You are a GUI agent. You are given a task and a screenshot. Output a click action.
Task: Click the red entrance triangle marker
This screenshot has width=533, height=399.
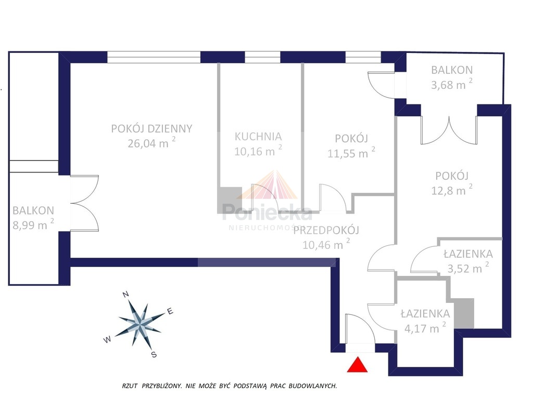(357, 365)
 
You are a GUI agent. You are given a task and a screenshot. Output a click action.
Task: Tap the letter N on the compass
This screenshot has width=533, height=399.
(125, 294)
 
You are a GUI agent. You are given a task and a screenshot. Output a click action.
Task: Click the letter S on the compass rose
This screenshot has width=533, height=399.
(154, 354)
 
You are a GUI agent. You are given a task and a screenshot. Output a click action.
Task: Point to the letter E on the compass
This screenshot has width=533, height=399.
(170, 311)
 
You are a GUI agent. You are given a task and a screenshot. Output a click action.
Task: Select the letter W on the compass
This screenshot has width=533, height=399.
(107, 339)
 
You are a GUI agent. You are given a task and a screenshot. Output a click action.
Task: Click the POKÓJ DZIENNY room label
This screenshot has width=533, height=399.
(151, 129)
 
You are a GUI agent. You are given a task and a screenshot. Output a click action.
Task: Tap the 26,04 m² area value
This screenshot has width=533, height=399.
(151, 143)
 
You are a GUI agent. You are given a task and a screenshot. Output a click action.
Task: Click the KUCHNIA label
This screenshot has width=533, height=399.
(258, 137)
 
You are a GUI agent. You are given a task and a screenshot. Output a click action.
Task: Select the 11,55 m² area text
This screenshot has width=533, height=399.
(351, 153)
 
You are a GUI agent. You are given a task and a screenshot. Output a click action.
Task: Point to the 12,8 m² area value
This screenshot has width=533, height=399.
(452, 190)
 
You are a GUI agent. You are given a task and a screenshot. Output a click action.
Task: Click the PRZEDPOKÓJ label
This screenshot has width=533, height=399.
(326, 230)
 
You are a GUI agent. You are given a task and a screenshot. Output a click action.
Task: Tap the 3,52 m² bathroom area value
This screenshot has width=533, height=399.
(468, 268)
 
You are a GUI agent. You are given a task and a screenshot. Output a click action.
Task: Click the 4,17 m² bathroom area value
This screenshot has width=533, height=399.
(425, 328)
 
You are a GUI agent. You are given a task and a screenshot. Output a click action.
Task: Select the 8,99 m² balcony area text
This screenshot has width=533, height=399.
(33, 224)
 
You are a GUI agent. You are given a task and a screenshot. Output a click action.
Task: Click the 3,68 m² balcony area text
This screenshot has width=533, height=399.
(452, 84)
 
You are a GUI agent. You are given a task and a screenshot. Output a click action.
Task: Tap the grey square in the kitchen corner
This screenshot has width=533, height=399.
(230, 200)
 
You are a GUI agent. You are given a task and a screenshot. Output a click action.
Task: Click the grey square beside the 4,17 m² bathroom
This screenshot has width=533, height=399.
(464, 313)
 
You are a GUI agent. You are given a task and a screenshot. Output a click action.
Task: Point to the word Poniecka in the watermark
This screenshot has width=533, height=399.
(267, 212)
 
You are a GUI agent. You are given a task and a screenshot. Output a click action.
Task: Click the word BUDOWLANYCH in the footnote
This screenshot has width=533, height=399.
(313, 386)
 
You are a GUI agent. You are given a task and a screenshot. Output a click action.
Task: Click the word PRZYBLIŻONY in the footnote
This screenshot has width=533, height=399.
(161, 386)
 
